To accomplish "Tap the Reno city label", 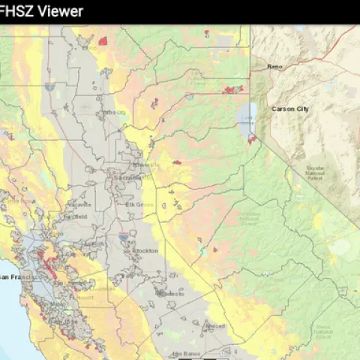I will pyautogui.click(x=274, y=67).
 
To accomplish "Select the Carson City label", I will pyautogui.click(x=290, y=109).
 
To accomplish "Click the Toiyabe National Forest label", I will pyautogui.click(x=315, y=172).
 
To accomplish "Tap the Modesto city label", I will pyautogui.click(x=172, y=294).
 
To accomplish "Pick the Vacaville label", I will pyautogui.click(x=78, y=204).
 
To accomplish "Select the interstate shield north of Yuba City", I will pyautogui.click(x=49, y=87).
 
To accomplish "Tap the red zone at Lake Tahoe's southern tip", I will pyautogui.click(x=252, y=138).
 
